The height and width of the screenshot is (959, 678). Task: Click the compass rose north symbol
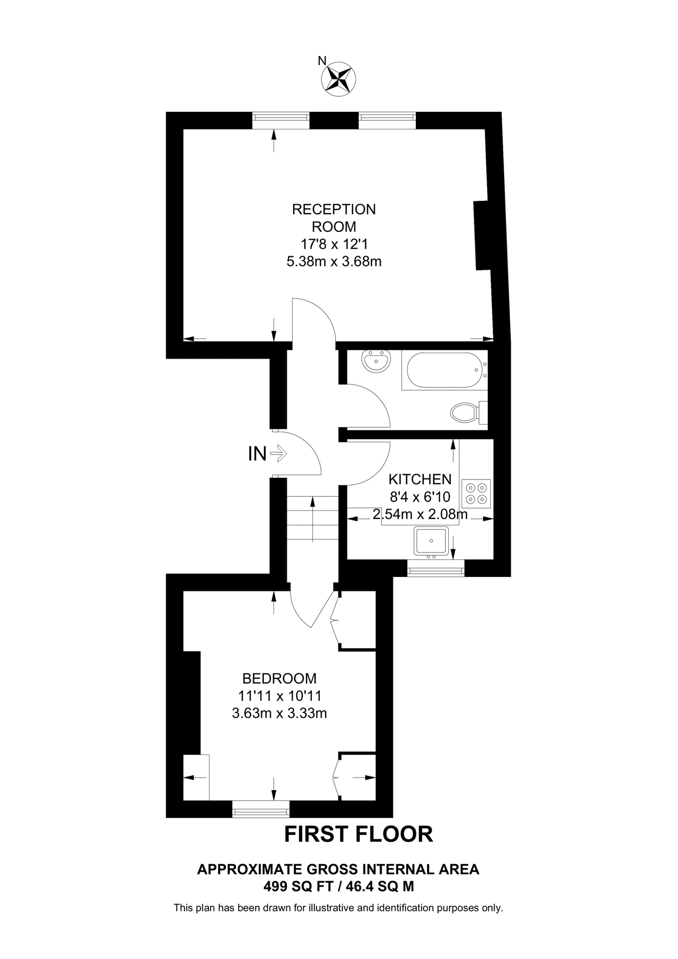point(338,79)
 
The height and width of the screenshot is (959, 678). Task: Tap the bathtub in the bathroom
point(445,370)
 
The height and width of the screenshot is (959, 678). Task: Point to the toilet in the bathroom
point(469,412)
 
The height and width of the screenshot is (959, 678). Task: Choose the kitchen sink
point(431,541)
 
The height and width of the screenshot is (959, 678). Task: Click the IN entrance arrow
point(278,454)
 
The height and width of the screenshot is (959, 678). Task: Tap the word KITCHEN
point(420,479)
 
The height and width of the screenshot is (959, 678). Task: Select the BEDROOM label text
point(279,678)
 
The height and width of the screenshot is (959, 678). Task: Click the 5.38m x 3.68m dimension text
point(334,262)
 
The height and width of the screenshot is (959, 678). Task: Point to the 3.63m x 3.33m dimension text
point(279,713)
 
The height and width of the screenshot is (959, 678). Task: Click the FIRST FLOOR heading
point(358,834)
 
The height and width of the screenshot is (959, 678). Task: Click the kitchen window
point(436,568)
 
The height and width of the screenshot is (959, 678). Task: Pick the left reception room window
point(281,120)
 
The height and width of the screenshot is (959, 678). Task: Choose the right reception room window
point(387,120)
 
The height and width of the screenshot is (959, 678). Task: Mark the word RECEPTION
point(334,209)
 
